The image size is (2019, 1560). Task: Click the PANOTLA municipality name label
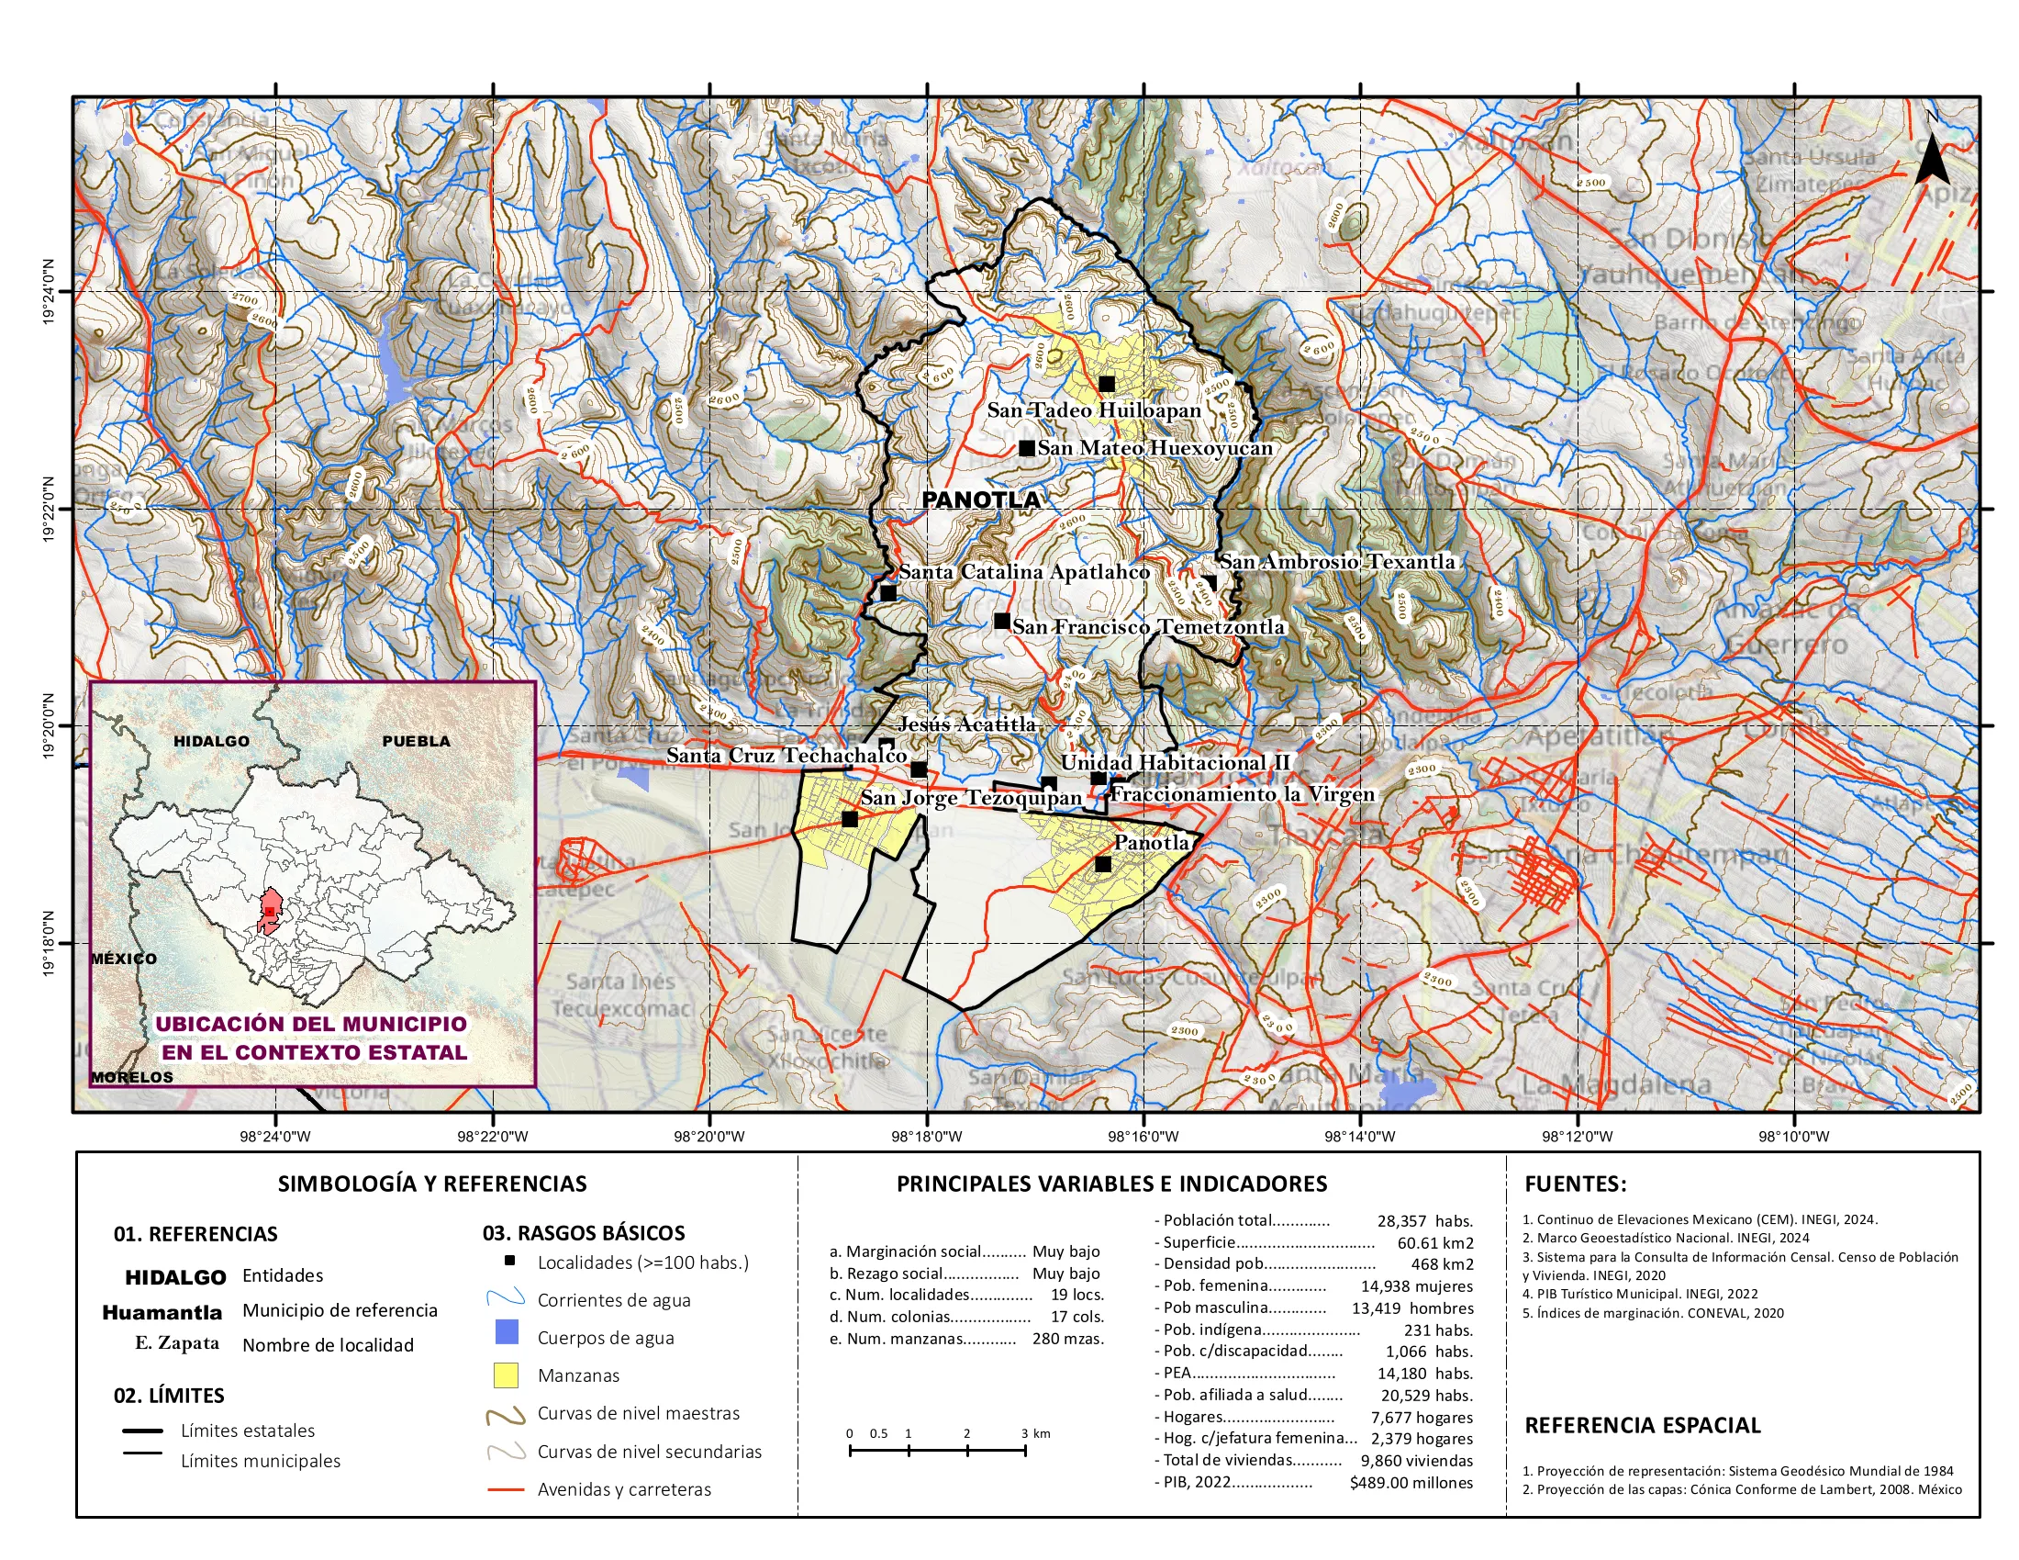pyautogui.click(x=981, y=500)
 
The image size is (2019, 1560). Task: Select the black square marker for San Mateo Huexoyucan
pyautogui.click(x=1027, y=448)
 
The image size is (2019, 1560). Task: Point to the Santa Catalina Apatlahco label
pyautogui.click(x=1023, y=572)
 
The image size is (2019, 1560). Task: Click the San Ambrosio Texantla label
pyautogui.click(x=1336, y=561)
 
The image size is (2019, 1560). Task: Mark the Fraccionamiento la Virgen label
pyautogui.click(x=1242, y=794)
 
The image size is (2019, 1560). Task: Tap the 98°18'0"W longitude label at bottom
pyautogui.click(x=926, y=1137)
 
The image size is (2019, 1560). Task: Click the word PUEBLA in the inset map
pyautogui.click(x=416, y=742)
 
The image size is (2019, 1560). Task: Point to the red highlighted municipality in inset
pyautogui.click(x=269, y=912)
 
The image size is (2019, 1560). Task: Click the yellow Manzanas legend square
pyautogui.click(x=506, y=1375)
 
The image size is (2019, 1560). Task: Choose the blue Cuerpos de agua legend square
pyautogui.click(x=506, y=1332)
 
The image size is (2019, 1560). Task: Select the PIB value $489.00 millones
pyautogui.click(x=1411, y=1483)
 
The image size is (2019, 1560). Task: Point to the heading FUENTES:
pyautogui.click(x=1574, y=1184)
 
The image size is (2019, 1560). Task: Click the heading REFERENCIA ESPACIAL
pyautogui.click(x=1642, y=1425)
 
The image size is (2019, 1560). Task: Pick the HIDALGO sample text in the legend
pyautogui.click(x=175, y=1277)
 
